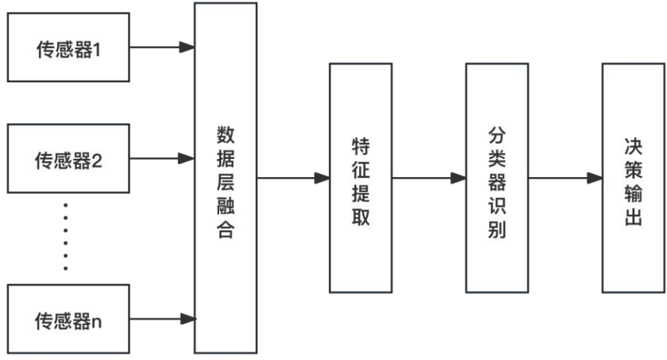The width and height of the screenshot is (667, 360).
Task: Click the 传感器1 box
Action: pos(68,48)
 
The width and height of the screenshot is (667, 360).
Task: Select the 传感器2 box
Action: pos(68,159)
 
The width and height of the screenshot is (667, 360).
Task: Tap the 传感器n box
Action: pos(68,319)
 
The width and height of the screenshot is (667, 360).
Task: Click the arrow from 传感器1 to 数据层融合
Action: pos(162,48)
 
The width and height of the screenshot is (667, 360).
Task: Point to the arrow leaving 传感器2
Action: pos(162,159)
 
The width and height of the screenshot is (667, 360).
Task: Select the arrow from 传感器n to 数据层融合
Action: pos(162,319)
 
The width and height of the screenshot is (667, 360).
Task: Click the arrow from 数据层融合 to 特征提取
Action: pos(293,178)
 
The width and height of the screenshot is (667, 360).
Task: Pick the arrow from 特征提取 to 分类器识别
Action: pos(428,178)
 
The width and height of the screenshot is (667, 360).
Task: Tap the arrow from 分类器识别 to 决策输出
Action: pos(565,178)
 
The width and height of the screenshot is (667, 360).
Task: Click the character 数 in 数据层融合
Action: pos(225,134)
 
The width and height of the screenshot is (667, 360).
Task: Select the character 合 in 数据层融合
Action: pos(225,230)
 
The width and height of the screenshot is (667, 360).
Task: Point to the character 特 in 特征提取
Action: pos(361,143)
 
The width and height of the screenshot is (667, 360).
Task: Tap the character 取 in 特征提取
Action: pos(361,217)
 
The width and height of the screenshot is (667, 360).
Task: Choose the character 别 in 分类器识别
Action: pos(497,230)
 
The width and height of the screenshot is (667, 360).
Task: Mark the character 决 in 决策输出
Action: pos(633,143)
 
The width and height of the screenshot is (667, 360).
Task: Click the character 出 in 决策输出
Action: pos(633,218)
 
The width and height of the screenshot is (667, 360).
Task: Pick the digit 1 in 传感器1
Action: pos(96,50)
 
